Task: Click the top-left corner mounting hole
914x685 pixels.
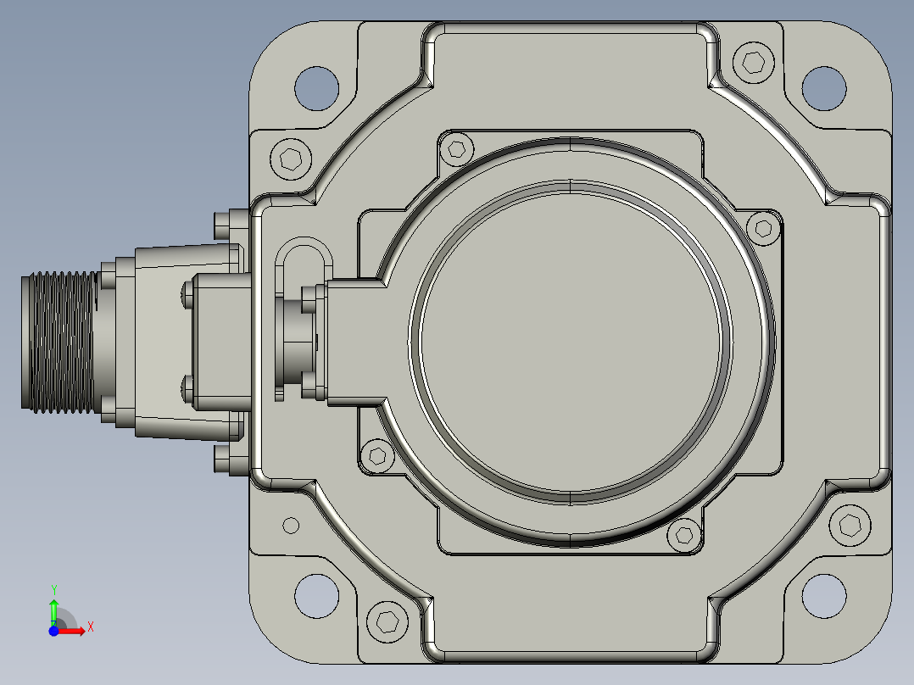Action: [x=316, y=89]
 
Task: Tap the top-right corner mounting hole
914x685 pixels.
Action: [x=824, y=89]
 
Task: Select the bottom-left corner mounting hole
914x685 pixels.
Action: [x=316, y=596]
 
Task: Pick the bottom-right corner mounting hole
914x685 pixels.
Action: [x=824, y=596]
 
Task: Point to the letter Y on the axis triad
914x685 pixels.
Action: [x=53, y=590]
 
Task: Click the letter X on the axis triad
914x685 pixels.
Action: [x=91, y=627]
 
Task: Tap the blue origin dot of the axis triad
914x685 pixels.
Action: [x=53, y=631]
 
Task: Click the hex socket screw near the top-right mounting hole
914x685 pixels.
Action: [x=754, y=62]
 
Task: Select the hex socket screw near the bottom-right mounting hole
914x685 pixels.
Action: [x=850, y=526]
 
